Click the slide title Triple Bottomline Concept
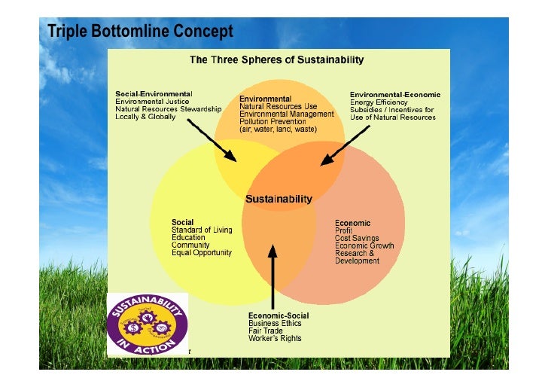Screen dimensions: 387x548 coord(139,32)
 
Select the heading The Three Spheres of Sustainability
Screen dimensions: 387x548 coord(276,59)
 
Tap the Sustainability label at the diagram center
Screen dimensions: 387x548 coord(279,200)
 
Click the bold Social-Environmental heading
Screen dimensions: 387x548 coord(154,93)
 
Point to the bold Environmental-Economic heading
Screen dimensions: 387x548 coord(395,94)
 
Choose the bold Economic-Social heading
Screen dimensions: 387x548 coord(279,315)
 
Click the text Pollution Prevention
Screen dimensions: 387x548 coord(272,121)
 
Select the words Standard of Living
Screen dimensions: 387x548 coord(202,230)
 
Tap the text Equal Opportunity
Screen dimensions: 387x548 coord(202,253)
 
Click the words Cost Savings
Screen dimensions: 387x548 coord(356,238)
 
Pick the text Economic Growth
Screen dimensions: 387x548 coord(363,245)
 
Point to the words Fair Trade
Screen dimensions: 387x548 coord(266,331)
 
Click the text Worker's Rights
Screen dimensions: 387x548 coord(275,338)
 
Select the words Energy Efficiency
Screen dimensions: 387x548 coord(379,102)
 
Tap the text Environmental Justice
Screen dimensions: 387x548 coord(152,101)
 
